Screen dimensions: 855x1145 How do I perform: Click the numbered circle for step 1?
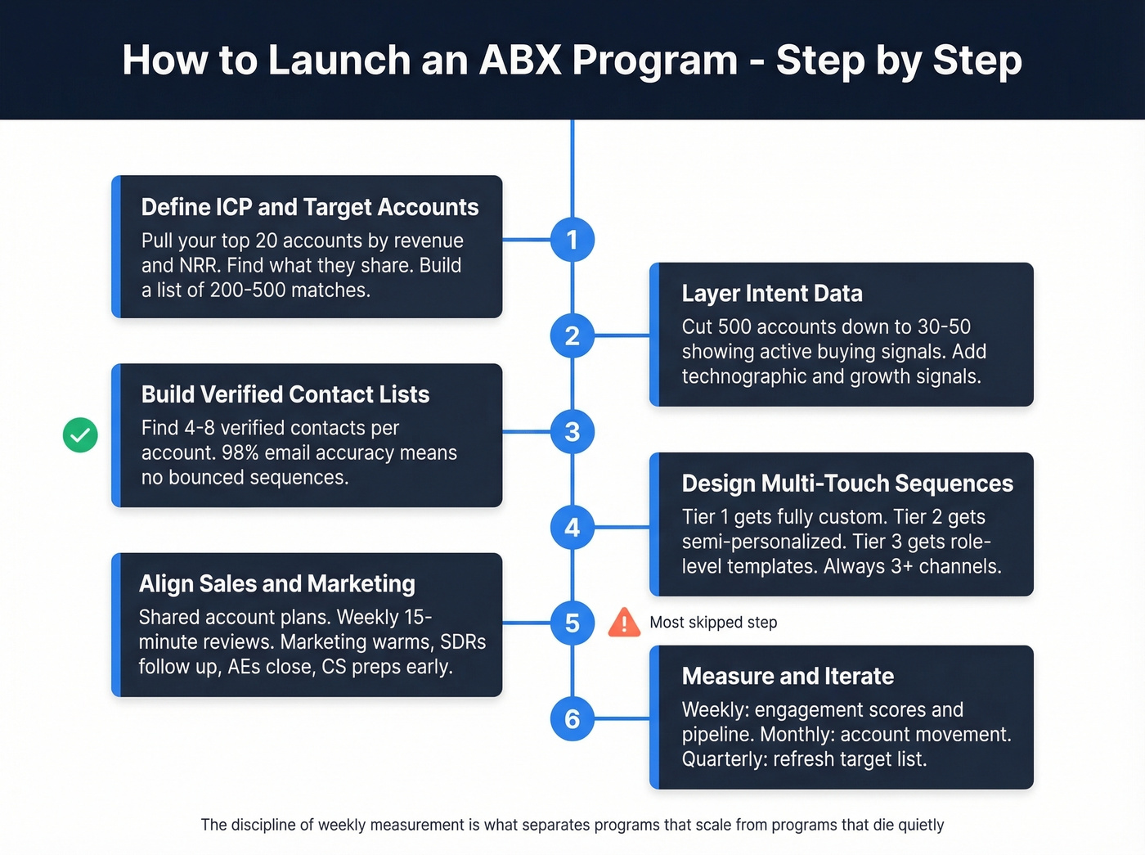click(572, 240)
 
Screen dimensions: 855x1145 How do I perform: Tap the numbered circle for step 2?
click(572, 335)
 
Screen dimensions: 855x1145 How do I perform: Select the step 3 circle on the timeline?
click(572, 431)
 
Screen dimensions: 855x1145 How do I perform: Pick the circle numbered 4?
click(572, 528)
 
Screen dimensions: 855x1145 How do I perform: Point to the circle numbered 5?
click(572, 623)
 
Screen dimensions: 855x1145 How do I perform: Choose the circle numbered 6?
click(572, 719)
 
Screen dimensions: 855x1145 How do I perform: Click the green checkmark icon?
click(80, 434)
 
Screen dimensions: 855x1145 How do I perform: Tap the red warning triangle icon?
click(624, 623)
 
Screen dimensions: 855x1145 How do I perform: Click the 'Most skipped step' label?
click(713, 623)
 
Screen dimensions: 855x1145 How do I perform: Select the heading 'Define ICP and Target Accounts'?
click(310, 207)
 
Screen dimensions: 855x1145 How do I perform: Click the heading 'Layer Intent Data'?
click(772, 294)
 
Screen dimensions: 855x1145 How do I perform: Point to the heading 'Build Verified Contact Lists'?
click(285, 394)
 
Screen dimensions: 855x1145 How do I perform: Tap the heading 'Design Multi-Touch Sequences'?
click(847, 484)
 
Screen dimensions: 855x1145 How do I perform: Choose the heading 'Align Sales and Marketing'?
click(277, 583)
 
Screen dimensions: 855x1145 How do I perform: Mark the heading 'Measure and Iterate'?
click(788, 676)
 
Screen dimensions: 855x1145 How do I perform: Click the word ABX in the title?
click(520, 61)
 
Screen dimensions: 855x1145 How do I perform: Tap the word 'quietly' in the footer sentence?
click(921, 825)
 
